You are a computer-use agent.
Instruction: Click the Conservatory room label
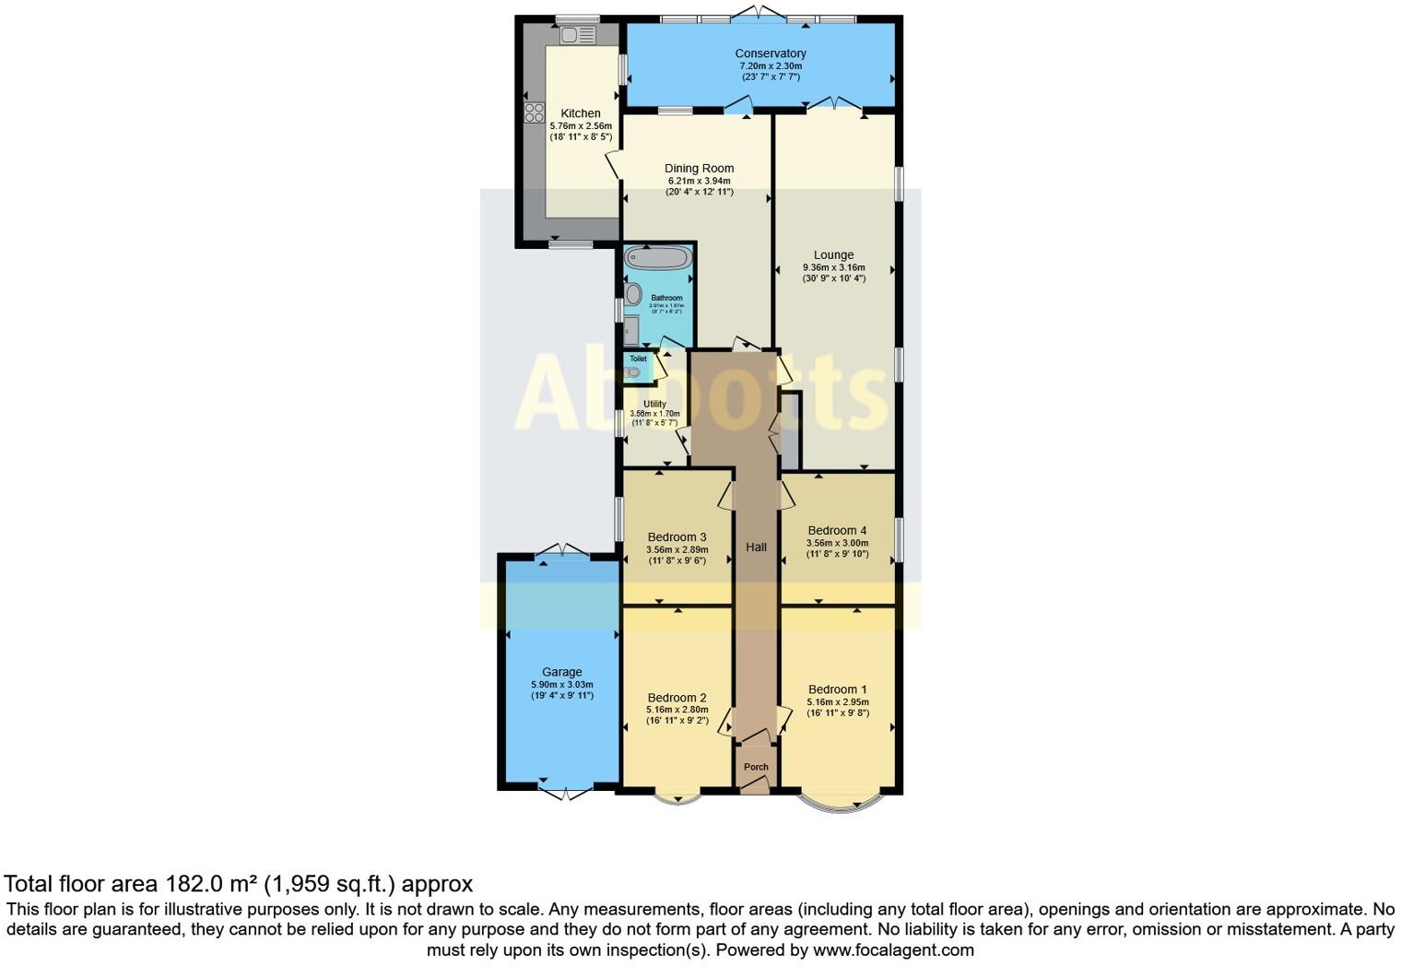770,53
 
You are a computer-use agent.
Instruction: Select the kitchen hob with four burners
535,112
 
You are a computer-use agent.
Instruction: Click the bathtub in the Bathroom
657,257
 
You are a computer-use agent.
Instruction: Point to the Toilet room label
638,359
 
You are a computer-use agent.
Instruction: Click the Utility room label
654,404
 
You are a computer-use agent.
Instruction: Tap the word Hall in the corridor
756,547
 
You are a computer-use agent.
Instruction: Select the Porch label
756,767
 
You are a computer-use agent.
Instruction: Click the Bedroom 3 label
677,537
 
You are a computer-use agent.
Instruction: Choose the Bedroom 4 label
837,530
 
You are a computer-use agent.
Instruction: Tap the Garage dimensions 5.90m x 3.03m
561,685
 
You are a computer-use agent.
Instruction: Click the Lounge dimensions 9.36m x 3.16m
833,268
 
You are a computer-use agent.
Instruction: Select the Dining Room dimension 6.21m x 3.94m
699,181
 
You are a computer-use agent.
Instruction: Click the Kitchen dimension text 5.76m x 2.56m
581,125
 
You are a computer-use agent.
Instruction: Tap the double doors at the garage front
565,793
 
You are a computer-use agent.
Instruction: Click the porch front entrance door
756,786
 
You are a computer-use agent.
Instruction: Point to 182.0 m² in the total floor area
211,884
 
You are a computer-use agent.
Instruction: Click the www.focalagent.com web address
893,949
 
